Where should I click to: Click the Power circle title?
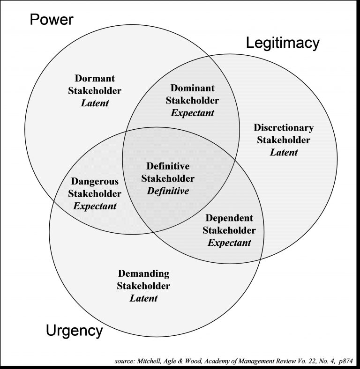(52, 20)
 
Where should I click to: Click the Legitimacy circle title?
(283, 43)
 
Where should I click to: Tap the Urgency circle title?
(74, 331)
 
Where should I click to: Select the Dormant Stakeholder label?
(95, 85)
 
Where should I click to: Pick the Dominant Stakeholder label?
(192, 94)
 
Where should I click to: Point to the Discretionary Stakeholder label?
(284, 133)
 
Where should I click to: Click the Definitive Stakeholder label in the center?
(168, 172)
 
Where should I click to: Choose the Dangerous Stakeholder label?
(95, 187)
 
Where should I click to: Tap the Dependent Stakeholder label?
(229, 224)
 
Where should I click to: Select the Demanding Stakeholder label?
(143, 280)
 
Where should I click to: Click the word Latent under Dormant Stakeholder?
(95, 103)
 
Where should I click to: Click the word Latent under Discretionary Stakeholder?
(284, 152)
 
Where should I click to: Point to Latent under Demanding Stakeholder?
(143, 298)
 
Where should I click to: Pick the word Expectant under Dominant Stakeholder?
(192, 113)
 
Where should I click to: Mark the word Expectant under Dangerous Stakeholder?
(95, 206)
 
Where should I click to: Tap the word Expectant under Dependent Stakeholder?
(229, 243)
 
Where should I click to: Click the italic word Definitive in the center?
(168, 191)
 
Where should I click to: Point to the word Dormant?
(95, 78)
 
